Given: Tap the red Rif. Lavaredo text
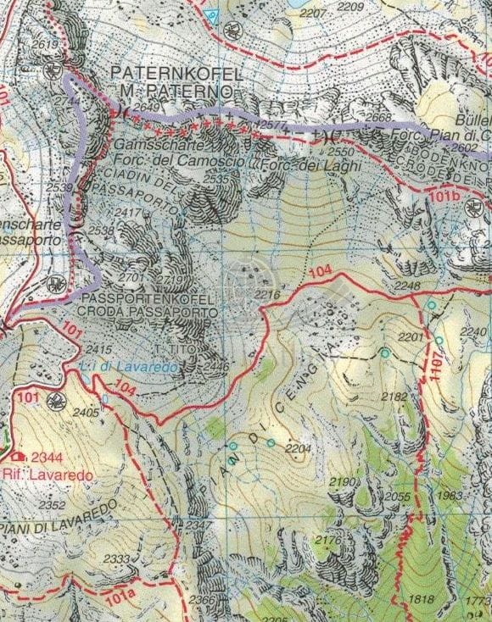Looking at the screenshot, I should (48, 475).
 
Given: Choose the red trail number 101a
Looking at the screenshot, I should (120, 596).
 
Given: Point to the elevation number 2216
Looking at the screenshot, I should (267, 294).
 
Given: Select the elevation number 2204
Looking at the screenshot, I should (299, 447).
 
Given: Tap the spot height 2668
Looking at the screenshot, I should (379, 118).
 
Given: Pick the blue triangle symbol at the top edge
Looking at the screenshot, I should (212, 14).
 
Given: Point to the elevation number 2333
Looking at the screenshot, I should (117, 559).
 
